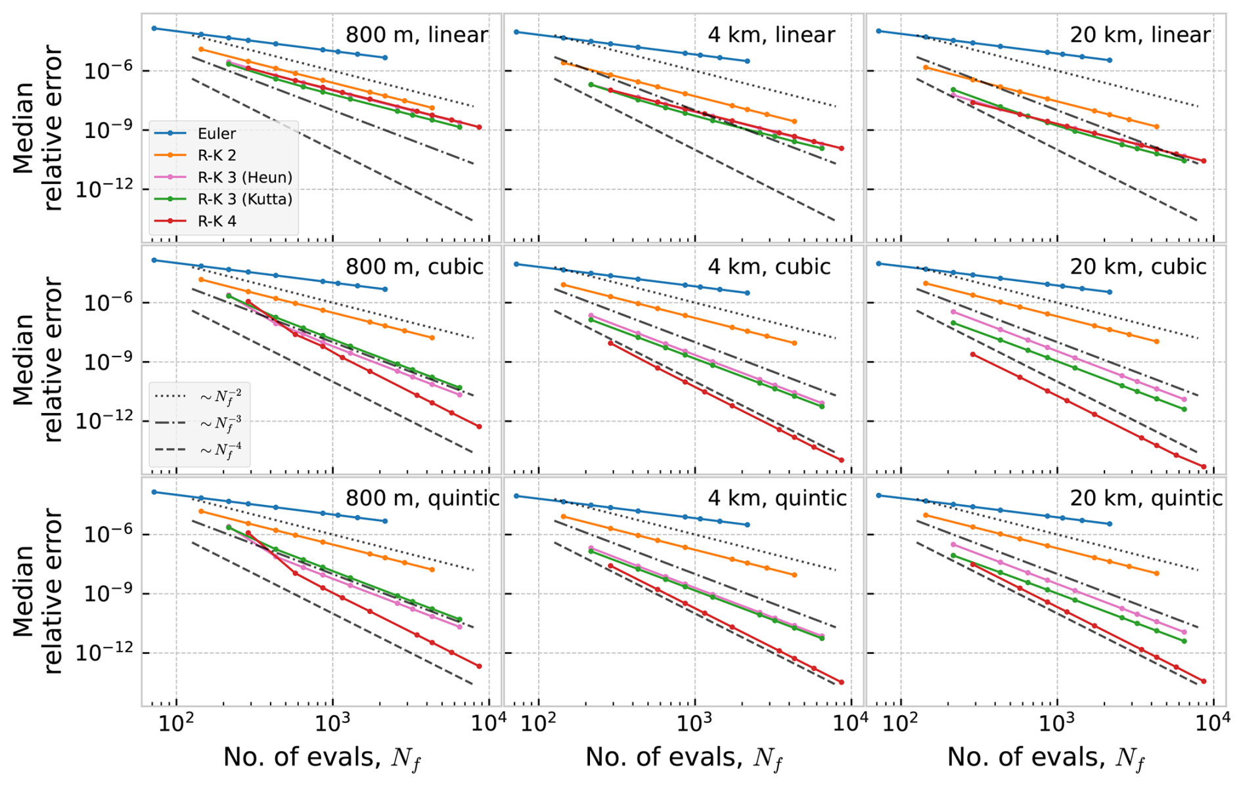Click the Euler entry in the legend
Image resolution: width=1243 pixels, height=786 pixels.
[216, 134]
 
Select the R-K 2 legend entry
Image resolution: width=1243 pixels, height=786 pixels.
[216, 156]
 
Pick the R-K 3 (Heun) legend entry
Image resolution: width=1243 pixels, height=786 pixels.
[244, 177]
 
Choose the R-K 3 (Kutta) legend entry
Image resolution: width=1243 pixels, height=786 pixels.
[244, 199]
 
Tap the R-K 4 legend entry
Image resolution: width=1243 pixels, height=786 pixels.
[216, 221]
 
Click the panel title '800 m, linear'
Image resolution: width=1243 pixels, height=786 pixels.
[417, 35]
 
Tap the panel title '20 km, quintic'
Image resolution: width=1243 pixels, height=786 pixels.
[1146, 498]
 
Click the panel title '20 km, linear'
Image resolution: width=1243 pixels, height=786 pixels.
[1140, 35]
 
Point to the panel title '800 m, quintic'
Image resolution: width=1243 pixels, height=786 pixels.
[422, 498]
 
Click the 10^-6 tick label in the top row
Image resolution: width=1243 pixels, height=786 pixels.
[108, 71]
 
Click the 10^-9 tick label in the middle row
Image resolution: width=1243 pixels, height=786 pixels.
[108, 362]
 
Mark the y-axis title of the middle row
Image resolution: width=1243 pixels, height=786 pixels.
[37, 360]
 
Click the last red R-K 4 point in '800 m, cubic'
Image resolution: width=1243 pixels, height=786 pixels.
[479, 427]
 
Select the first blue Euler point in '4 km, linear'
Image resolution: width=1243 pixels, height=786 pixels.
[516, 32]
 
